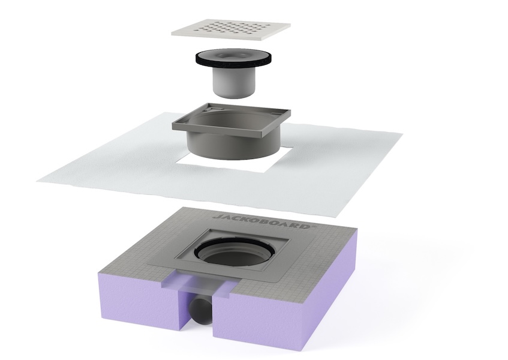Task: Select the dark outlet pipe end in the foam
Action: (x=199, y=311)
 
